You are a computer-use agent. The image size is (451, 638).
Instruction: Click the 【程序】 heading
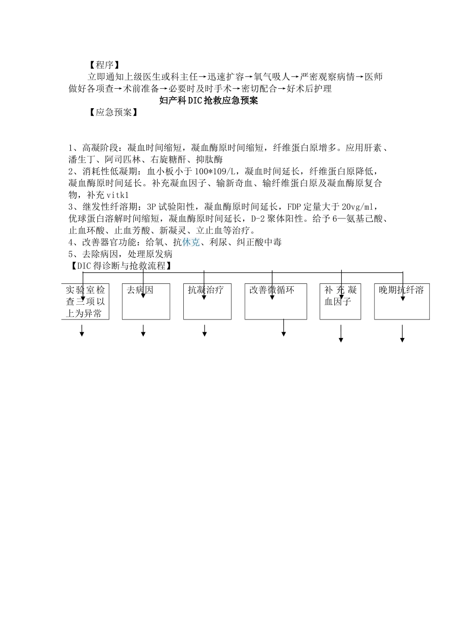pyautogui.click(x=103, y=65)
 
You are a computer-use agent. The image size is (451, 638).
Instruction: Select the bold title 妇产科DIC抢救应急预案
pyautogui.click(x=208, y=101)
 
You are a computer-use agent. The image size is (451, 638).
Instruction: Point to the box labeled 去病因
pyautogui.click(x=146, y=301)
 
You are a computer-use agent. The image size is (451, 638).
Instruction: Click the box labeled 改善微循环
pyautogui.click(x=275, y=301)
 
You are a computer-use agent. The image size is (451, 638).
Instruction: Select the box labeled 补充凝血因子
pyautogui.click(x=340, y=301)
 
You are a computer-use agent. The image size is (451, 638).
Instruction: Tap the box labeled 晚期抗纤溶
pyautogui.click(x=402, y=301)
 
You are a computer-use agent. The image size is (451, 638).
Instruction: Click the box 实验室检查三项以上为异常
pyautogui.click(x=85, y=301)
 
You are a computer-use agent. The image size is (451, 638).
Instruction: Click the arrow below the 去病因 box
pyautogui.click(x=143, y=331)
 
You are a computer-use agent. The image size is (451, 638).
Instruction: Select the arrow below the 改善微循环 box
pyautogui.click(x=283, y=328)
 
